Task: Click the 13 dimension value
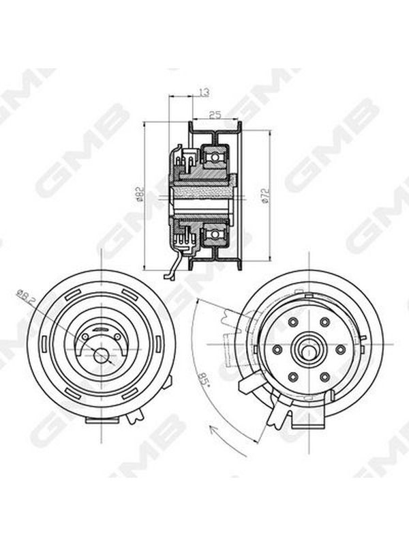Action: point(204,92)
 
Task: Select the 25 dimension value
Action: point(215,115)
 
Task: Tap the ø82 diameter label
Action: point(140,195)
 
